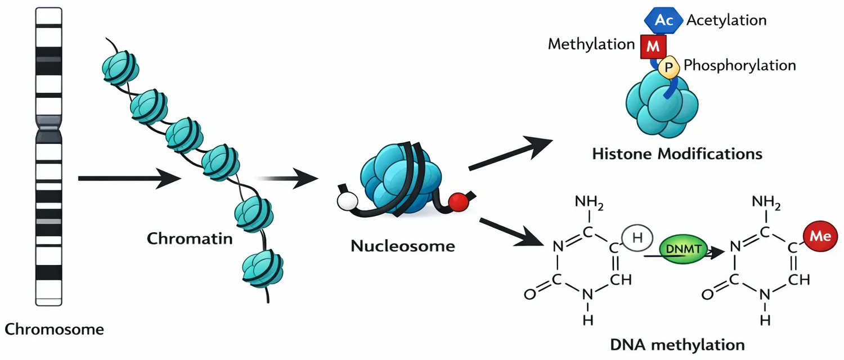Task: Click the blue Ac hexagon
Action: click(x=663, y=20)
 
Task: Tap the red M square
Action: click(x=653, y=46)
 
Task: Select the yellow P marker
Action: click(x=669, y=67)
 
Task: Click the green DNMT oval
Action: click(x=684, y=249)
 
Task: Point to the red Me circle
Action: click(x=820, y=236)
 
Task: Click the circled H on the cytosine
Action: click(x=637, y=237)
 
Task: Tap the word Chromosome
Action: click(x=54, y=330)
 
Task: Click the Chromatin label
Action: click(x=190, y=238)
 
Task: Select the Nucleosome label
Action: click(x=403, y=246)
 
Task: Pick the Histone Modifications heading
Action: click(x=677, y=154)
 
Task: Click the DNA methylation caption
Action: click(x=677, y=345)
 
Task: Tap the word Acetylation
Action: click(x=726, y=20)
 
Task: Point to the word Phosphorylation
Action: click(x=740, y=65)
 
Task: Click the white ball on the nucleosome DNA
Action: click(x=347, y=201)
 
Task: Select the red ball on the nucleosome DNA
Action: click(x=459, y=202)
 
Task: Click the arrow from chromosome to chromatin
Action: click(x=129, y=178)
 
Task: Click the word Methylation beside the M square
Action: click(x=591, y=44)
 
